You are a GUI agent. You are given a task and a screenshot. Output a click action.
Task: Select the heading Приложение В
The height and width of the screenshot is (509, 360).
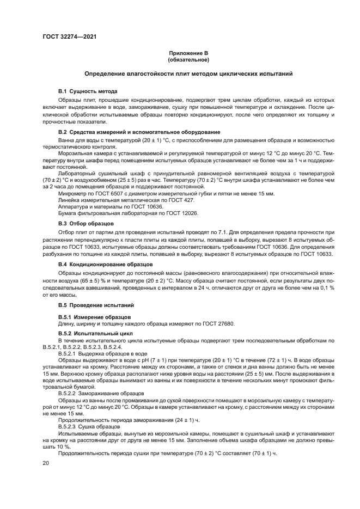[x=188, y=53]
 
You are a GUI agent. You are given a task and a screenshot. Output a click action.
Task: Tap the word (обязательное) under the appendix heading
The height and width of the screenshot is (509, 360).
[x=188, y=59]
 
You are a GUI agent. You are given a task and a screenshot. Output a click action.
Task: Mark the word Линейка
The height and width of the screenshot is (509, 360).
[x=70, y=200]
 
